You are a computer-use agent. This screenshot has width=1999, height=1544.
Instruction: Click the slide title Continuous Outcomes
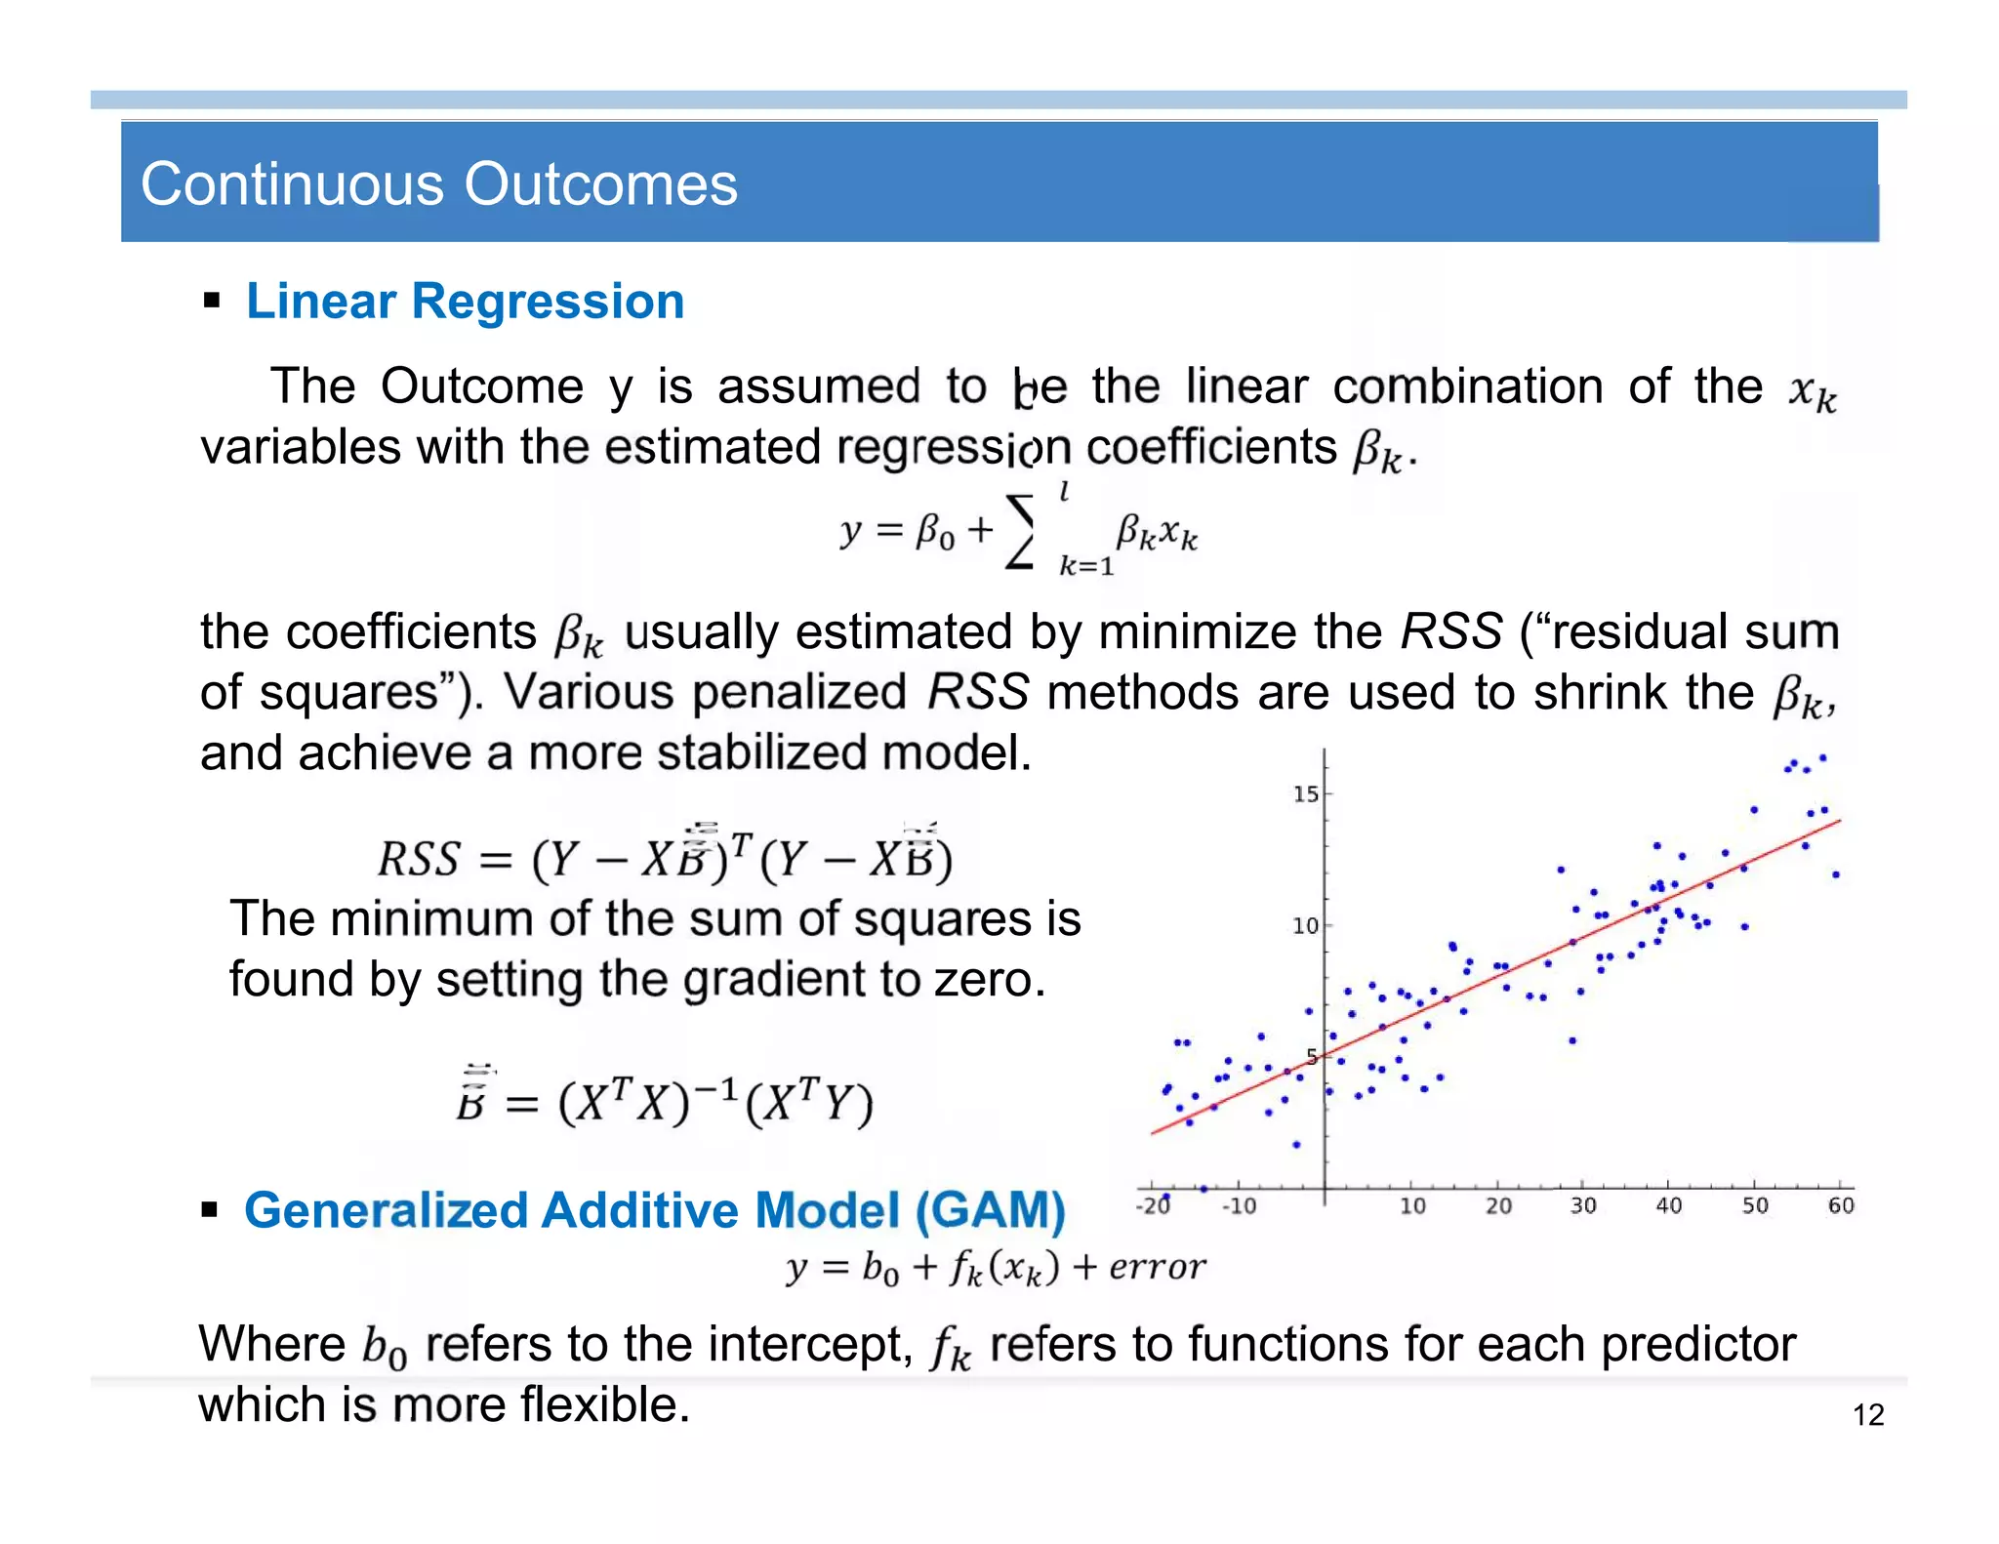439,183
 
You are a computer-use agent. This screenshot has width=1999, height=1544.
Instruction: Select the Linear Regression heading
465,301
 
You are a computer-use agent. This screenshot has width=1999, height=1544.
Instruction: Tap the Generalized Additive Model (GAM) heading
654,1210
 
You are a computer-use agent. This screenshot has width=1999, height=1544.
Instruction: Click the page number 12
1868,1415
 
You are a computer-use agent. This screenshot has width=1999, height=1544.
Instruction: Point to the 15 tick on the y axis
1305,794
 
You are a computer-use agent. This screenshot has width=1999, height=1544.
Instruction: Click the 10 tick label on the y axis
1305,925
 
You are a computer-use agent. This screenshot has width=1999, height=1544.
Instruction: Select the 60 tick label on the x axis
1840,1206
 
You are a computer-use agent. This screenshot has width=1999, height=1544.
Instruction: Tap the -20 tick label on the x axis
1153,1206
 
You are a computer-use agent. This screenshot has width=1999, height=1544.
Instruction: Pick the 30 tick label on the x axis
1582,1206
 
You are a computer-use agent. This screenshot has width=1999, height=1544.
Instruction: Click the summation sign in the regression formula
1021,532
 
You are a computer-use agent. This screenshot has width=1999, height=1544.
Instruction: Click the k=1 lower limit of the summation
1086,566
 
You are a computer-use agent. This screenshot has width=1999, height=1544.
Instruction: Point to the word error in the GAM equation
1158,1267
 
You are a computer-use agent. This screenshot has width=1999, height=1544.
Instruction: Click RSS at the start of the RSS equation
418,860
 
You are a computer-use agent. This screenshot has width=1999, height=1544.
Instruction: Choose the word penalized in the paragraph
799,693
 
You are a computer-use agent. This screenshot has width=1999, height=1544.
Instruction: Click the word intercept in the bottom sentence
810,1345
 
